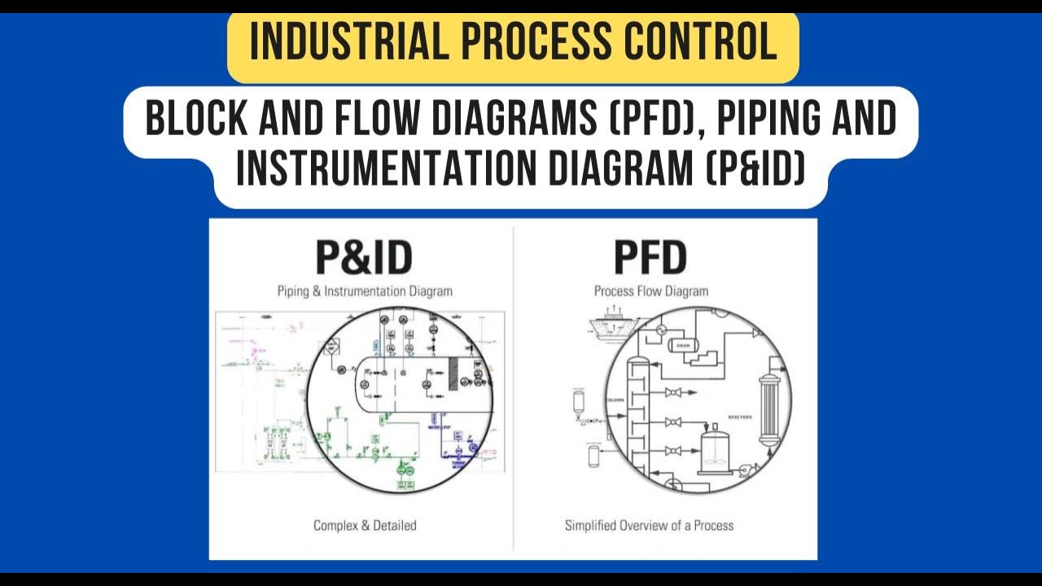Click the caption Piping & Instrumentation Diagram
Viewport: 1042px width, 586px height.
[364, 291]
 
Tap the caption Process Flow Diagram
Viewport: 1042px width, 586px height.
[650, 291]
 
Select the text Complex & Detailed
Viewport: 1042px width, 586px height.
[364, 526]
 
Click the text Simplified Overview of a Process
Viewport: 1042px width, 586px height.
[649, 526]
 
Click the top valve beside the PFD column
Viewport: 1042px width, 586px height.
[673, 393]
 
